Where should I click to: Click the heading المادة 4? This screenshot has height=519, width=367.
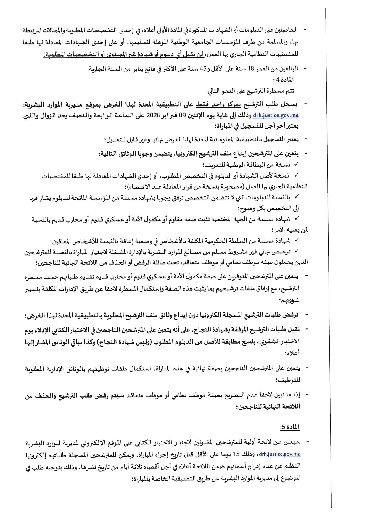[283, 80]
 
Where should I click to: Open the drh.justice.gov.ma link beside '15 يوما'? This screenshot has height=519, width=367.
[279, 454]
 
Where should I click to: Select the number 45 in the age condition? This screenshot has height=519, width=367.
[203, 69]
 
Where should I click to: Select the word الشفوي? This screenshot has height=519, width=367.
[278, 341]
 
